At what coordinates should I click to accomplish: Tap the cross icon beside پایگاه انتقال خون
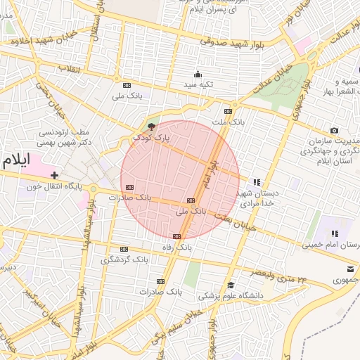54,174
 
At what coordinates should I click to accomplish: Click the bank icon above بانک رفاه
176,236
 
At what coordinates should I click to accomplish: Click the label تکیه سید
198,84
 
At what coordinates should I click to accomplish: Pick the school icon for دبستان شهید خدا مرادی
257,181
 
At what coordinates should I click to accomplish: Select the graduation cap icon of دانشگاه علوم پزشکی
231,285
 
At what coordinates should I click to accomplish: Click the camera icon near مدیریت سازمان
334,130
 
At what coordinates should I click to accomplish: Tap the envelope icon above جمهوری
350,269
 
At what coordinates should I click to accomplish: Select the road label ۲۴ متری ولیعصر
279,276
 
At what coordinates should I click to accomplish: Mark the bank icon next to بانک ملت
228,111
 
